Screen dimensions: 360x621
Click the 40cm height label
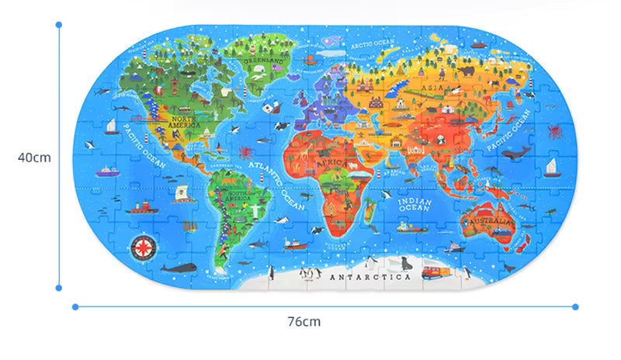34,157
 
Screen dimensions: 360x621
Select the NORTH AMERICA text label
185,121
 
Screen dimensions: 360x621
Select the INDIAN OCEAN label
414,204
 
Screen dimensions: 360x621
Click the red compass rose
142,247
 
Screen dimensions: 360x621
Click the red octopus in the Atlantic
246,151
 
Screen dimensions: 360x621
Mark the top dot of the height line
59,24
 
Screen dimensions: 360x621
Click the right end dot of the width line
575,306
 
